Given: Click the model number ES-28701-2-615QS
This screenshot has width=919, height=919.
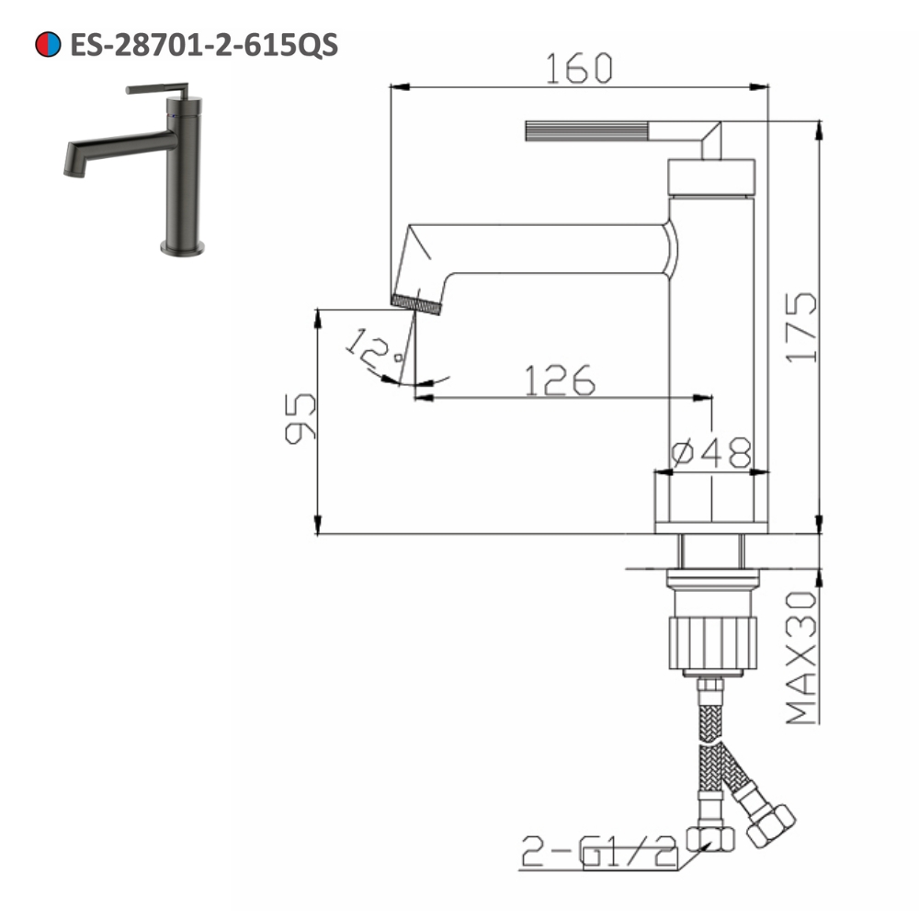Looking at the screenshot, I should pos(203,44).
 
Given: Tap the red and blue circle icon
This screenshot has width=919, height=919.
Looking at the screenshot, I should pos(47,44).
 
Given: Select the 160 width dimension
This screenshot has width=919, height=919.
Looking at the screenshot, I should pos(578,68).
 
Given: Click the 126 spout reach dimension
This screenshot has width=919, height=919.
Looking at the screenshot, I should pos(560,380).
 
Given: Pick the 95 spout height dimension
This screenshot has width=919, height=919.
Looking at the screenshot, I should pos(301,419).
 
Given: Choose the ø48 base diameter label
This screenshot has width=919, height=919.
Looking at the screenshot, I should pos(711,453).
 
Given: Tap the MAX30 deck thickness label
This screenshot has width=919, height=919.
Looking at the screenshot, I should pos(802,656).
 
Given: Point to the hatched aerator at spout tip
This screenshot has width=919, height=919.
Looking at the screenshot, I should pos(416,303).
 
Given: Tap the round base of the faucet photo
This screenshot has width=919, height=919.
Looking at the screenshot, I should pos(183,245).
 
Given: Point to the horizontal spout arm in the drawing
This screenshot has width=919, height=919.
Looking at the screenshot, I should pos(551,249).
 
